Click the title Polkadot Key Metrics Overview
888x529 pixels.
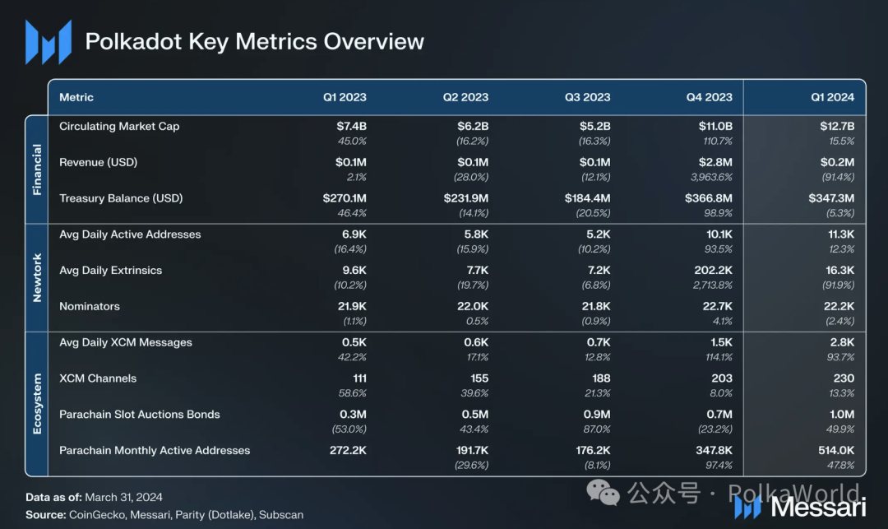[x=255, y=42]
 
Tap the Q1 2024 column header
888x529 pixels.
[x=832, y=97]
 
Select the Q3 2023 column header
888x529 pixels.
[x=587, y=97]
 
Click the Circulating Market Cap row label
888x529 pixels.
[x=119, y=127]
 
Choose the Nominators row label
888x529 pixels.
[x=90, y=306]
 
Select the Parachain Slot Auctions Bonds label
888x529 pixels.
[x=140, y=415]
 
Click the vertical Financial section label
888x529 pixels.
[x=37, y=170]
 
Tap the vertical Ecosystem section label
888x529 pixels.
[x=37, y=403]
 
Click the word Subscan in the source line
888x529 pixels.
[x=281, y=515]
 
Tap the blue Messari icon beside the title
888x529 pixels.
[x=48, y=42]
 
